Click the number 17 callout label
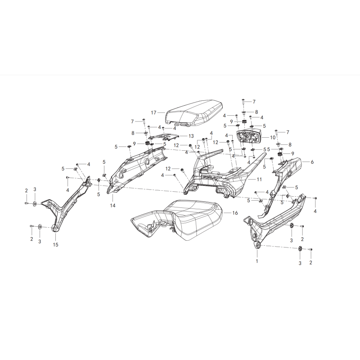[153, 112]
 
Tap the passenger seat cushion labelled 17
[194, 114]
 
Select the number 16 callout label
[235, 213]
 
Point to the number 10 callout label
[273, 138]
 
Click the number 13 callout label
[191, 136]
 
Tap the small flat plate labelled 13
[163, 137]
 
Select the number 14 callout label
[112, 206]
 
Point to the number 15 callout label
[55, 245]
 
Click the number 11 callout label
[259, 179]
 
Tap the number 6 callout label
[312, 162]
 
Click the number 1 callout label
[257, 261]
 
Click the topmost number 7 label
[254, 102]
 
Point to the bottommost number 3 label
[300, 263]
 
